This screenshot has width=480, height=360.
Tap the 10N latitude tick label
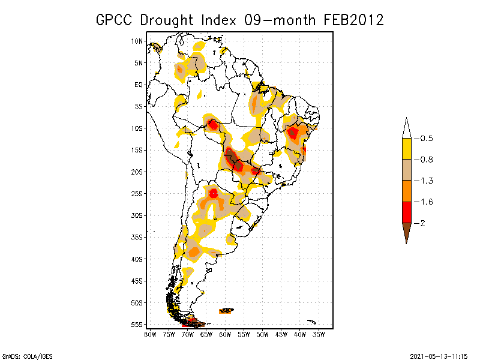137,41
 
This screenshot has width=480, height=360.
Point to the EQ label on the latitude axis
139,85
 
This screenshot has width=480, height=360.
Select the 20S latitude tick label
137,172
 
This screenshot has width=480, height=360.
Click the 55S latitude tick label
137,325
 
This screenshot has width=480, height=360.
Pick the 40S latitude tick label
137,259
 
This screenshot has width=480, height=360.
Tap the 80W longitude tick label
150,334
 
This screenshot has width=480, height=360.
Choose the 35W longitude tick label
319,334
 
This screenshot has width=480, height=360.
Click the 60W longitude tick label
225,334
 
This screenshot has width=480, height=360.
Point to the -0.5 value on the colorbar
427,139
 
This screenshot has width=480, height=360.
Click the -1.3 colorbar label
427,181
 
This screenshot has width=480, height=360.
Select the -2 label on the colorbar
424,223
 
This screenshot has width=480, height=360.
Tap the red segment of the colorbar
406,212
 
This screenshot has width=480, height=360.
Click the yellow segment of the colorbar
406,149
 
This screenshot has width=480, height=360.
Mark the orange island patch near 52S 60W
226,310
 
